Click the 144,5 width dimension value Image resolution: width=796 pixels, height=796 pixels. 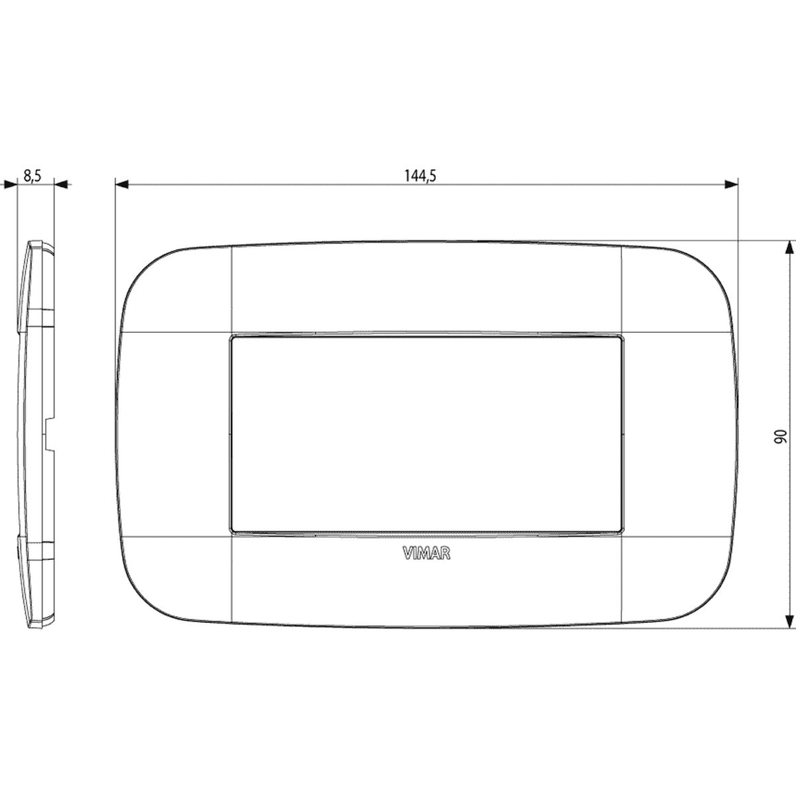(x=420, y=176)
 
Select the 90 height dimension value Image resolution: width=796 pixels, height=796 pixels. (x=780, y=436)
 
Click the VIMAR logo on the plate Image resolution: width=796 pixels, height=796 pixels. (x=427, y=554)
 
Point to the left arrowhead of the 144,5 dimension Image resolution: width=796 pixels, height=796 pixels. (x=122, y=184)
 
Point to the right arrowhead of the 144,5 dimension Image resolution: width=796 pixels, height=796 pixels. (x=732, y=184)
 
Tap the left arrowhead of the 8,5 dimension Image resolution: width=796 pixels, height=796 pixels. (x=10, y=184)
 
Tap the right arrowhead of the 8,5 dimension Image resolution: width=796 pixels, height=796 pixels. (x=61, y=184)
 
